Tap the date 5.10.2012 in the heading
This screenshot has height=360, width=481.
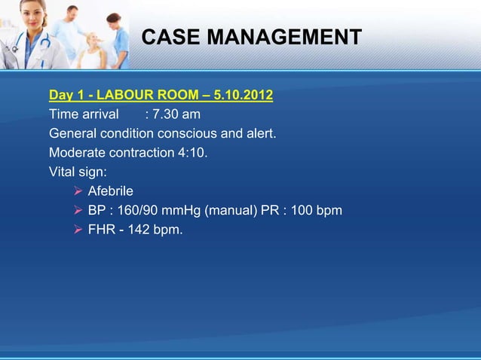tap(244, 96)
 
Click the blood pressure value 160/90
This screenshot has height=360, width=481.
tap(138, 211)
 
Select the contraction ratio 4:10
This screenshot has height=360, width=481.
tap(191, 153)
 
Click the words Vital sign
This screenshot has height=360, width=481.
tap(78, 172)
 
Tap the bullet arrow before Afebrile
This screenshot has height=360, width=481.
tap(76, 191)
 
